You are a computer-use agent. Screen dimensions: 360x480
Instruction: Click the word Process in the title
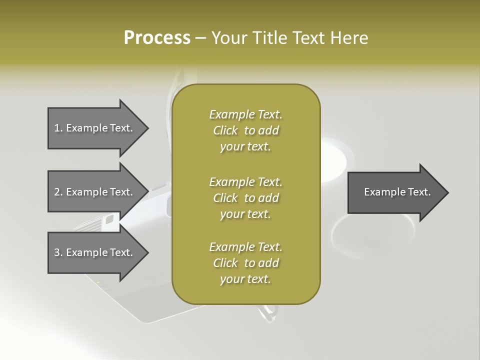click(157, 38)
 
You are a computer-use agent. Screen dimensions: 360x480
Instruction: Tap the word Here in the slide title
click(349, 38)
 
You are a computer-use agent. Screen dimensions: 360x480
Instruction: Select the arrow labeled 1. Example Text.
click(95, 128)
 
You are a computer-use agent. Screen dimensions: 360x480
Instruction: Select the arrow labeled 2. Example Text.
click(95, 192)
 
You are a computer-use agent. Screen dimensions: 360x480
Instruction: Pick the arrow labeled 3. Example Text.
click(95, 252)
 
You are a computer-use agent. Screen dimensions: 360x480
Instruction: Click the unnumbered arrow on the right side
click(395, 192)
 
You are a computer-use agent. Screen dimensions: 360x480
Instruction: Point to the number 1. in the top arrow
click(58, 128)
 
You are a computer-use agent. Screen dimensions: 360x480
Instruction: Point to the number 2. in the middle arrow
click(58, 192)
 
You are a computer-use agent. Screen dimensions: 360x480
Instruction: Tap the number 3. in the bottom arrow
click(58, 252)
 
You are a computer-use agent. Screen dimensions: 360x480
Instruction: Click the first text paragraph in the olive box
click(245, 130)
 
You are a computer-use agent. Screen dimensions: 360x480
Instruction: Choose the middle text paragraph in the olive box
click(245, 198)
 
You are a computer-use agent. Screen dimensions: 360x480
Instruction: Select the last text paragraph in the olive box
click(245, 263)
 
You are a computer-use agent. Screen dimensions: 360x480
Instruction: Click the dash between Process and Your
click(201, 38)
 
